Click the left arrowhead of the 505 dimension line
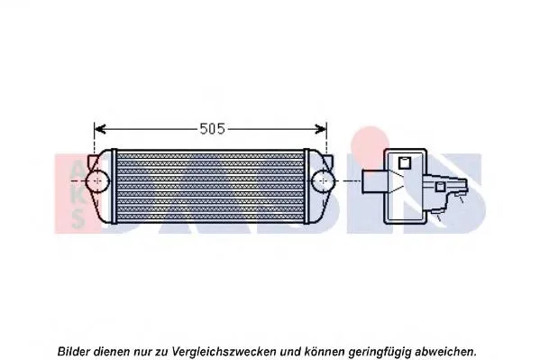99,128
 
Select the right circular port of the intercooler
322,180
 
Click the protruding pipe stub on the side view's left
372,180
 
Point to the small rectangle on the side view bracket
440,187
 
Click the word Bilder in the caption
75,348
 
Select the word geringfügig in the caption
380,348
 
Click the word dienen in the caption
115,348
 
